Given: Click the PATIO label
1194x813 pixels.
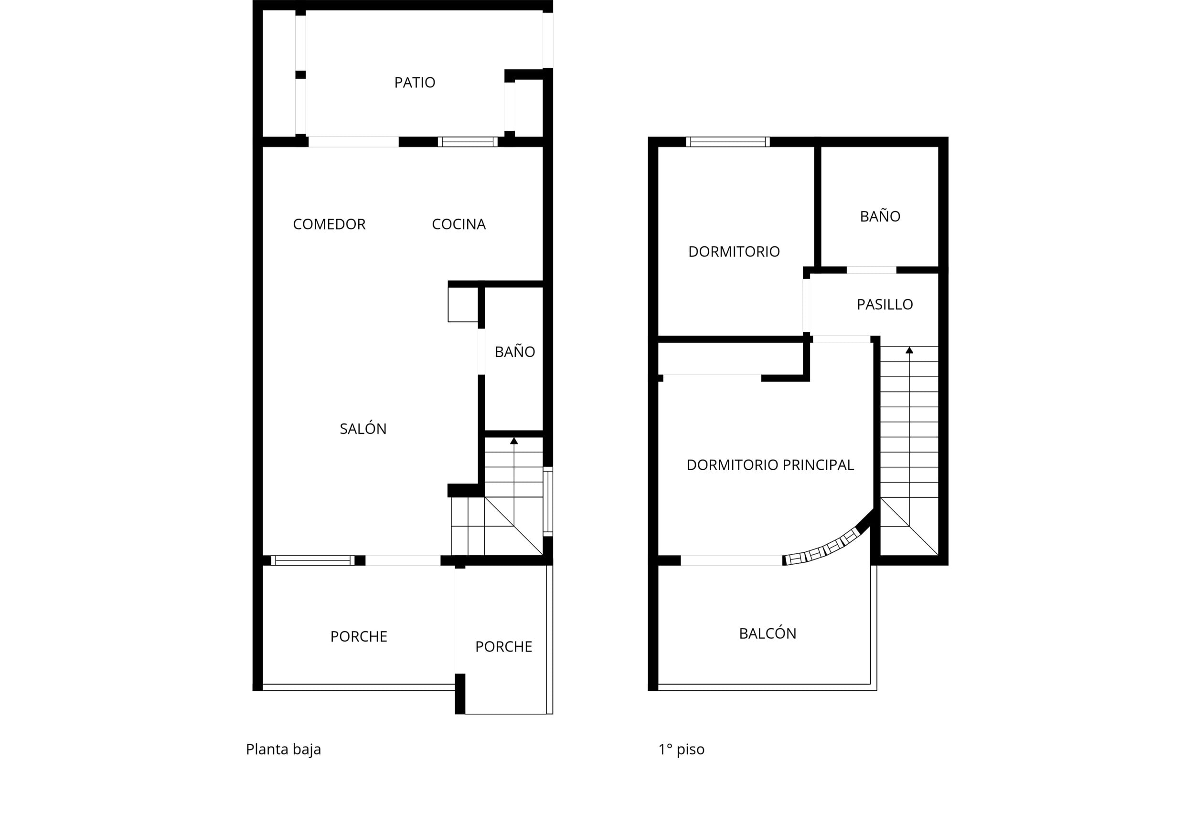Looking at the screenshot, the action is [415, 82].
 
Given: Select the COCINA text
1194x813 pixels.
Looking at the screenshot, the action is [459, 224].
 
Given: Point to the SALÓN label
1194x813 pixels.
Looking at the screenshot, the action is [363, 428].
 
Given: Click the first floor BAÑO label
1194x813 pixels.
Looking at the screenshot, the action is [880, 216].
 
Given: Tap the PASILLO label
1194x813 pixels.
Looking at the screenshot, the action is [885, 305].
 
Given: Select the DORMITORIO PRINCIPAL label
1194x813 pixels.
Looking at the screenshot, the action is [770, 465].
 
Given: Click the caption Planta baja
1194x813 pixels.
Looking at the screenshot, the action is [284, 750].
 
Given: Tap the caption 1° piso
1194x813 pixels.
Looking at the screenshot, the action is [681, 750].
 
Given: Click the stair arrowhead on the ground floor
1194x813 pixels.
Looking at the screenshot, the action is [514, 441].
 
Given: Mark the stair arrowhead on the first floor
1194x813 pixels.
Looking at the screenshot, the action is [909, 350].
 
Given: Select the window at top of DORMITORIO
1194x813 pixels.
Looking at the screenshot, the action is [727, 142].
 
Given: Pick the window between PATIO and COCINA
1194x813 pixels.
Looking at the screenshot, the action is [468, 142].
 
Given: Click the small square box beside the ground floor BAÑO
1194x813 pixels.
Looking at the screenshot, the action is [463, 305].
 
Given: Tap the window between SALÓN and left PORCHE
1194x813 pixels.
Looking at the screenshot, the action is [313, 560].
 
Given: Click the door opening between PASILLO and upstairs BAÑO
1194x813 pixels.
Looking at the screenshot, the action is [871, 270].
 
